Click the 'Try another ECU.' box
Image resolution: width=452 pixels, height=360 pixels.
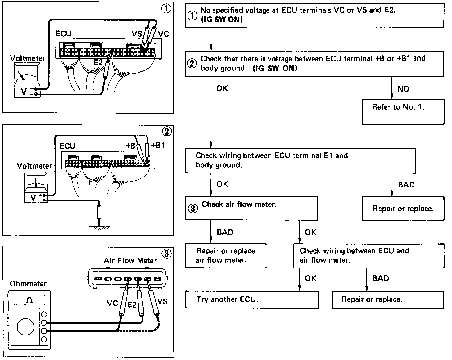tap(252, 299)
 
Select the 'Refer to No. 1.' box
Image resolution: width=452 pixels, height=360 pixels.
tap(403, 112)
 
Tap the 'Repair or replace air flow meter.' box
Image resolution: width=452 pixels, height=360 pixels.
tap(226, 255)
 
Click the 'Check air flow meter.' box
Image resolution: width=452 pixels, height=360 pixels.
tap(251, 208)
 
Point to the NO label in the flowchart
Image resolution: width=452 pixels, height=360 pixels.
tap(403, 89)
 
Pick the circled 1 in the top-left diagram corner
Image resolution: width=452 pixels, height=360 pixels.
tap(166, 9)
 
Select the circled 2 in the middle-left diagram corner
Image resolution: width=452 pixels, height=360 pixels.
tap(167, 132)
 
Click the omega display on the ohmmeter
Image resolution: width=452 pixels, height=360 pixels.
tap(30, 300)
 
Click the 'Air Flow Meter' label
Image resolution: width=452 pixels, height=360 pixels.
tap(130, 260)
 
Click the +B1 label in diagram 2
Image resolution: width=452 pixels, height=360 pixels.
tap(158, 145)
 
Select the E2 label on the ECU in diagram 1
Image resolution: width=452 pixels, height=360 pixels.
tap(98, 62)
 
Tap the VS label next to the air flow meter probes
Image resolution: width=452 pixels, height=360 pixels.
tap(162, 301)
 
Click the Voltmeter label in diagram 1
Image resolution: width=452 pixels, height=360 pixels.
tap(27, 58)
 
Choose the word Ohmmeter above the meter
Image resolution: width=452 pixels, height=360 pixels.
tap(28, 284)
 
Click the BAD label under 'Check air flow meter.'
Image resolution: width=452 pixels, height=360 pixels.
tap(225, 232)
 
